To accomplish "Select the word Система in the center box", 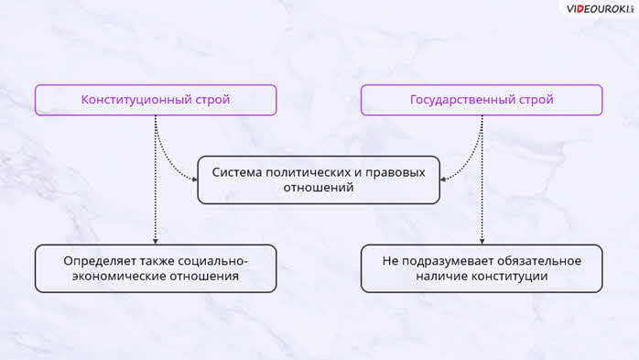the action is coord(237,172).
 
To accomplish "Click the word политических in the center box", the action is coord(309,173).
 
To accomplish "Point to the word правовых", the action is coord(395,173).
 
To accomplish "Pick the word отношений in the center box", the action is coord(319,188).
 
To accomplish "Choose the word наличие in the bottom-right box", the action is coord(442,276).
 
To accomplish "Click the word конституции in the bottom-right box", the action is coord(509,277).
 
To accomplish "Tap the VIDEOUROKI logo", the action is coord(600,9).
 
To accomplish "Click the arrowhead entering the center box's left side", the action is coord(195,179).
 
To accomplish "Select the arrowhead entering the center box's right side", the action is coord(442,179).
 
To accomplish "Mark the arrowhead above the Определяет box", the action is coord(156,242).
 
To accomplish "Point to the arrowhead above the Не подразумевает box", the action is coord(482,242).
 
